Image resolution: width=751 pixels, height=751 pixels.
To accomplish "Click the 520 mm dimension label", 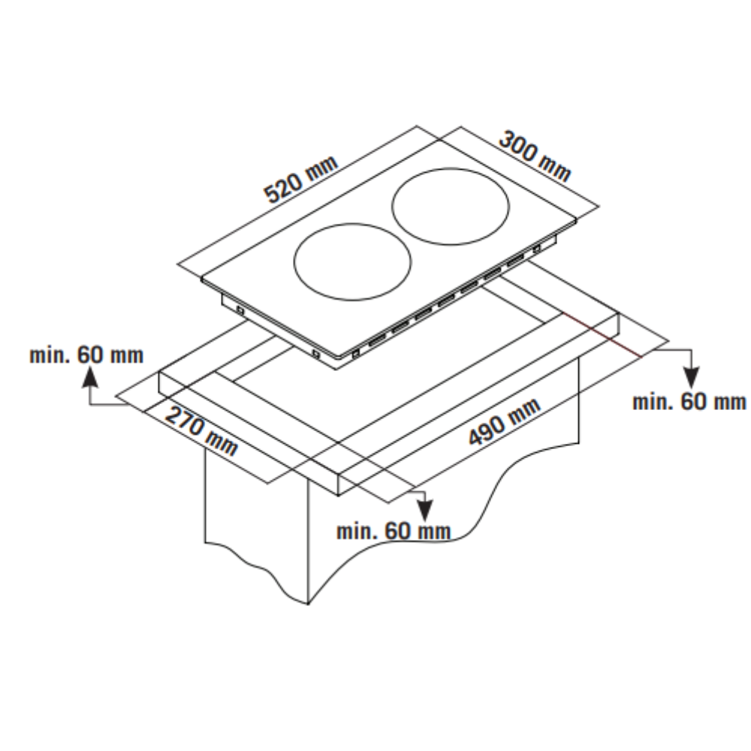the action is click(x=301, y=179).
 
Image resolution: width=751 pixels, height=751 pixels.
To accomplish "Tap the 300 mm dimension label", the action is click(x=535, y=157).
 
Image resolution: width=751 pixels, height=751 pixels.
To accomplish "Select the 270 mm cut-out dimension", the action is click(x=201, y=431).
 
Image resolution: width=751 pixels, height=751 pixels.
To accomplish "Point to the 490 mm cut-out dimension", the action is click(x=504, y=421).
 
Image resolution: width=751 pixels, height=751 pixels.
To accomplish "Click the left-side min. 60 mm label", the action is click(x=86, y=355).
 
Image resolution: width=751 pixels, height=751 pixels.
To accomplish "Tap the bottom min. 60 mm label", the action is click(x=394, y=531).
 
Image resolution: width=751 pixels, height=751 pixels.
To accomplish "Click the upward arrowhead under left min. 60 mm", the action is click(x=89, y=377).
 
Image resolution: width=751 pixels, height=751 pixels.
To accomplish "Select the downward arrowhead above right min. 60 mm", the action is click(x=691, y=378).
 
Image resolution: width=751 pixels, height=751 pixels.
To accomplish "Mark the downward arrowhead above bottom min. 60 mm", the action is click(x=424, y=511).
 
